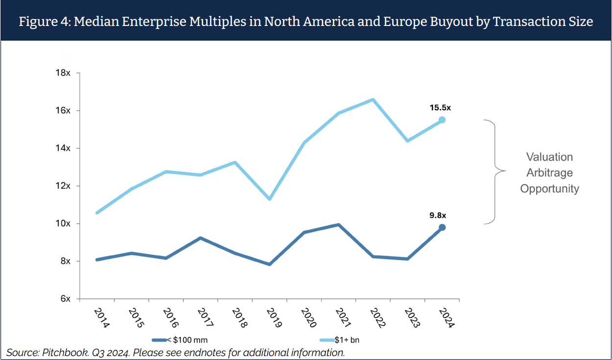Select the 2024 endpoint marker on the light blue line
(442, 120)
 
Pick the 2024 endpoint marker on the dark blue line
(442, 227)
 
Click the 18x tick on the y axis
(63, 73)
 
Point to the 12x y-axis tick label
(63, 186)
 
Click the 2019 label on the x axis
(271, 318)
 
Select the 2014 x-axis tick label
(101, 318)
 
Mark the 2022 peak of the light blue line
(373, 99)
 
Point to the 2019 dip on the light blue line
(270, 199)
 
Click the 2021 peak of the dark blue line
(339, 225)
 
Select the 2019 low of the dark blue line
(270, 264)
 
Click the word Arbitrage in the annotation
(549, 173)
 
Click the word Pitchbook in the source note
(61, 353)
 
